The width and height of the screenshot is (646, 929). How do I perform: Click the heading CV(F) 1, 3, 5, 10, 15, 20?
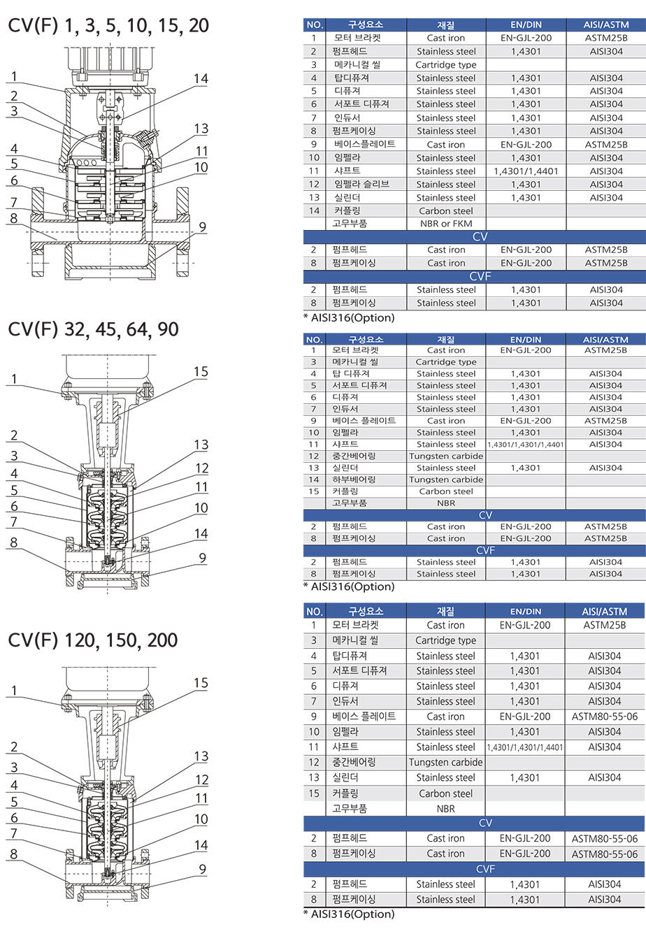click(x=108, y=26)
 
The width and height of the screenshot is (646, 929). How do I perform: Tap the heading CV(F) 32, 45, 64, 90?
click(x=94, y=329)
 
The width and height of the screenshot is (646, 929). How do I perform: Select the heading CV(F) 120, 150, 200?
click(x=93, y=640)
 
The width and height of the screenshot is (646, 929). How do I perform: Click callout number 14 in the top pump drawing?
click(x=201, y=79)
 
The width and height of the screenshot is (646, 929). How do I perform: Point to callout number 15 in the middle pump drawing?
click(x=201, y=372)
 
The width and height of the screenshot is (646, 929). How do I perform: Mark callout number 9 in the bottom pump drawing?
click(x=203, y=869)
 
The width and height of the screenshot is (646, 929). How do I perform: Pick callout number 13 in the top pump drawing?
click(x=201, y=129)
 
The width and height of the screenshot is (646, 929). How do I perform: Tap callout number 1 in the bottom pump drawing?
click(x=14, y=691)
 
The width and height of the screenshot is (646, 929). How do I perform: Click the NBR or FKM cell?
click(x=446, y=224)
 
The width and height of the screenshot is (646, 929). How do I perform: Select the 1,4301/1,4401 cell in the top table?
click(x=526, y=171)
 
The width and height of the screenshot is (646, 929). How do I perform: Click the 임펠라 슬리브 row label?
click(x=361, y=184)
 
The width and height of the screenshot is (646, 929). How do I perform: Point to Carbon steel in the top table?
click(x=446, y=211)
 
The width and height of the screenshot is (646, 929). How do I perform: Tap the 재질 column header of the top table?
click(x=446, y=25)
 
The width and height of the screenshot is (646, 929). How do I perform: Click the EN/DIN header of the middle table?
click(x=526, y=340)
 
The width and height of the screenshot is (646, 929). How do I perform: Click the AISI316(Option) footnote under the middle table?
click(x=349, y=586)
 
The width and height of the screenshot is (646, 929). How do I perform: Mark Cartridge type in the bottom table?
click(x=446, y=641)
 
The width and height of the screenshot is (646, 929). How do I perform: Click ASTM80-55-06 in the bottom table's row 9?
click(x=605, y=716)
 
